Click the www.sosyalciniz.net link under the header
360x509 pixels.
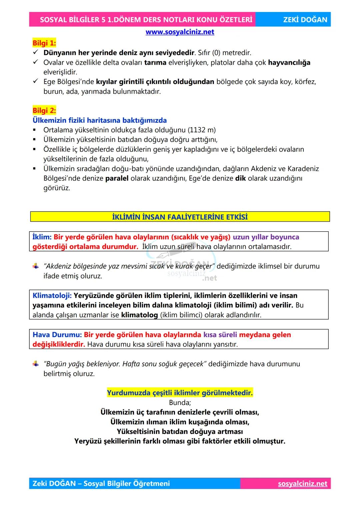pos(180,32)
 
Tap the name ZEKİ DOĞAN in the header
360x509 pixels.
pos(305,20)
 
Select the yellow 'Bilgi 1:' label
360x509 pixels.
pos(44,43)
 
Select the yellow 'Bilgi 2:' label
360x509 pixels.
pos(44,110)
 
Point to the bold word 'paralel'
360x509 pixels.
pos(117,178)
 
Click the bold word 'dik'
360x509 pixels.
pos(240,178)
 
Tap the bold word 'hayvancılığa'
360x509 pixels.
pos(289,62)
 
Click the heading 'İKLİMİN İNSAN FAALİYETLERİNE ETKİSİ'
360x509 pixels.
pos(180,217)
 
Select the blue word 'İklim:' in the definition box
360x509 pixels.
pos(42,237)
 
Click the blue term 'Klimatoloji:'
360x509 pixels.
pos(52,296)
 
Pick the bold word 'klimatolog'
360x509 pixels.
pos(139,315)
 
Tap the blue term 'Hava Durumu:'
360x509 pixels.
pos(57,335)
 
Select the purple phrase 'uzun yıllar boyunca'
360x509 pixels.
pos(266,237)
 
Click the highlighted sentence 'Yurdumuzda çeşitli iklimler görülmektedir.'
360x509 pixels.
pos(180,393)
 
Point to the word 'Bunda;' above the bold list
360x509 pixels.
pos(180,403)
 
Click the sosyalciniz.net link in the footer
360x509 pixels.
pos(302,484)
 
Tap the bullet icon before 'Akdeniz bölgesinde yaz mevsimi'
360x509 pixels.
pos(36,266)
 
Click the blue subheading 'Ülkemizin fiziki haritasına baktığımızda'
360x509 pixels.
pos(99,120)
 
